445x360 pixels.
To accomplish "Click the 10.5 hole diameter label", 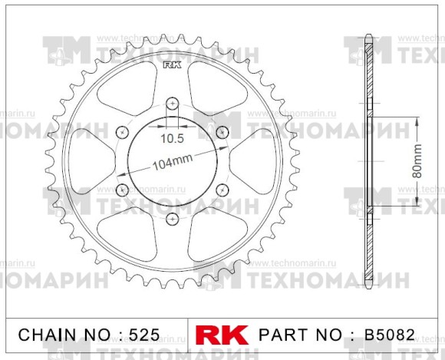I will pos(172,139).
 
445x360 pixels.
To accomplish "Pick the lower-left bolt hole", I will pos(122,190).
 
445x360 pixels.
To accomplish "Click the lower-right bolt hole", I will pos(222,190).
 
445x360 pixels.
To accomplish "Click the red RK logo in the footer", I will pos(223,335).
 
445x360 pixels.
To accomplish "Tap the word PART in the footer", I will pos(283,335).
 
